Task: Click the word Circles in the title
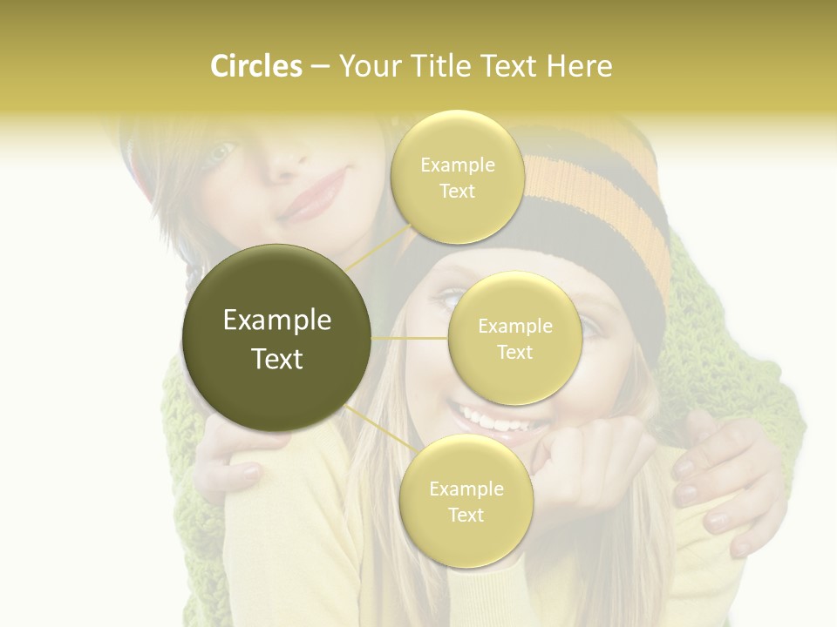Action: [x=256, y=66]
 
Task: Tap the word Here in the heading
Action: [x=580, y=66]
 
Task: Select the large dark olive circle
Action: [x=277, y=338]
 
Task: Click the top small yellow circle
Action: [x=457, y=177]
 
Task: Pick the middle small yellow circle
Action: [x=514, y=338]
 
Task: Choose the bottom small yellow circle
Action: [x=466, y=501]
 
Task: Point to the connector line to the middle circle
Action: [x=410, y=338]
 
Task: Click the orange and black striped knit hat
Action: [x=593, y=200]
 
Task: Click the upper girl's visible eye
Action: [x=220, y=153]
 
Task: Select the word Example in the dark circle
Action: [x=277, y=320]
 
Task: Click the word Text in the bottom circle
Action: [x=466, y=515]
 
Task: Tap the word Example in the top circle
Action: [x=457, y=165]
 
